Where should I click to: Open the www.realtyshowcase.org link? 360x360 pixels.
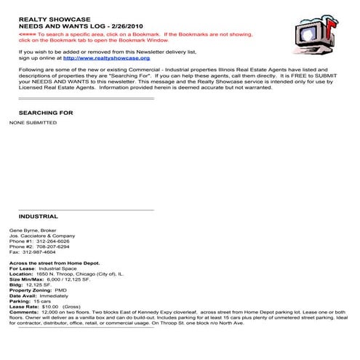(x=106, y=57)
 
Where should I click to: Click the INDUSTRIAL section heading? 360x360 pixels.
(x=38, y=216)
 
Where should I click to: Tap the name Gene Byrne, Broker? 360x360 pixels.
(x=35, y=230)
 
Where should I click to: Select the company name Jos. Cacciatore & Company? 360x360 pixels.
(x=41, y=236)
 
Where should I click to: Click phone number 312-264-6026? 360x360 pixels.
(x=55, y=241)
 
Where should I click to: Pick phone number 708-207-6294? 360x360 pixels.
(x=55, y=247)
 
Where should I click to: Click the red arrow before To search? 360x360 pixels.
(x=27, y=33)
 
